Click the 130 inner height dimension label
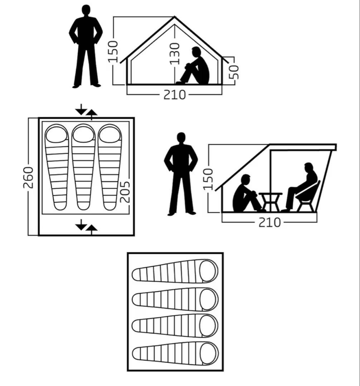click(175, 54)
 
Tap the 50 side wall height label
click(234, 72)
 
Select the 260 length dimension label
click(28, 178)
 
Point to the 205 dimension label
click(125, 192)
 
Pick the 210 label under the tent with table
click(269, 223)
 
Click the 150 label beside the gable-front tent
click(113, 52)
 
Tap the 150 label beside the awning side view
click(208, 179)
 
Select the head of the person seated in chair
click(309, 168)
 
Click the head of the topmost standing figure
click(86, 11)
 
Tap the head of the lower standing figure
click(181, 138)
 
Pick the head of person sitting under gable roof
click(196, 52)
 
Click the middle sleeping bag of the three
click(83, 167)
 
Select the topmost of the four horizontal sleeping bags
click(175, 271)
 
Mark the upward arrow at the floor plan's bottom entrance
click(92, 230)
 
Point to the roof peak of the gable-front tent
click(175, 17)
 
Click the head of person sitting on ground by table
click(246, 180)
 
